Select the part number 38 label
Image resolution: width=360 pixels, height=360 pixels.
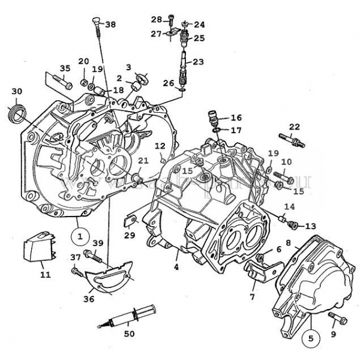click(x=111, y=25)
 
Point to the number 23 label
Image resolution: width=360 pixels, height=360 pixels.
click(x=198, y=62)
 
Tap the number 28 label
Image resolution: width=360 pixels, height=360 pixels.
click(x=156, y=20)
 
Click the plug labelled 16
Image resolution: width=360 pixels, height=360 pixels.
click(x=211, y=116)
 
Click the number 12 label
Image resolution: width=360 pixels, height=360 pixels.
click(x=160, y=146)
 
